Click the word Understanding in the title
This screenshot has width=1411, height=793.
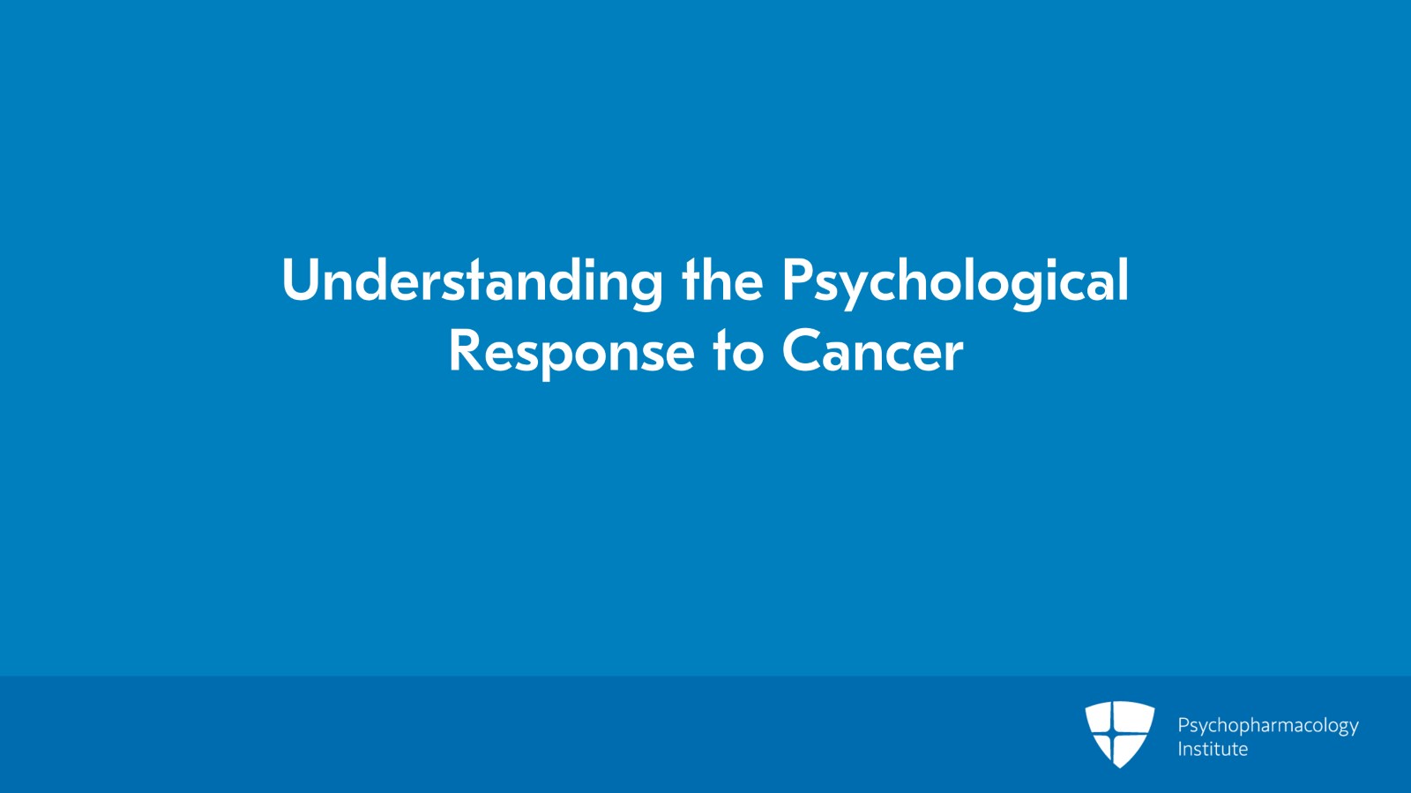pyautogui.click(x=472, y=281)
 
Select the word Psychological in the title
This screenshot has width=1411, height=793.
pyautogui.click(x=955, y=281)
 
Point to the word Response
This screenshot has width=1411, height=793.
pyautogui.click(x=571, y=352)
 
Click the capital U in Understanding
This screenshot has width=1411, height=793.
pyautogui.click(x=301, y=281)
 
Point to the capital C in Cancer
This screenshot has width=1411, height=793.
pyautogui.click(x=800, y=351)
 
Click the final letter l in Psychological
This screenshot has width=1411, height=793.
pyautogui.click(x=1123, y=280)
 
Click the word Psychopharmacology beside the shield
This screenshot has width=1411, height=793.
pyautogui.click(x=1267, y=726)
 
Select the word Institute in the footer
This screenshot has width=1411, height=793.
pyautogui.click(x=1213, y=749)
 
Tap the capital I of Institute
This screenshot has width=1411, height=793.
pyautogui.click(x=1180, y=749)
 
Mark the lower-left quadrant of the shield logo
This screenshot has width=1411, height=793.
pyautogui.click(x=1106, y=743)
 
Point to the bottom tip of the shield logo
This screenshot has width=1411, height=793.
pyautogui.click(x=1119, y=766)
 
